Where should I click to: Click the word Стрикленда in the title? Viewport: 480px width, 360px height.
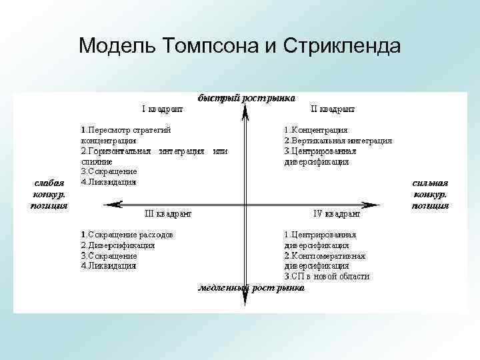(342, 46)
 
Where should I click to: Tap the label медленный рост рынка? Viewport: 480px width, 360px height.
(251, 289)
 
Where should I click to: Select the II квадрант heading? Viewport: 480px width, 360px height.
(333, 109)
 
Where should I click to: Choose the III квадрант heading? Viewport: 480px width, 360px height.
(169, 214)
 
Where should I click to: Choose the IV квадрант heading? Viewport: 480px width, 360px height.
(337, 214)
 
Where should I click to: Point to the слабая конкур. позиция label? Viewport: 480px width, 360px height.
(49, 193)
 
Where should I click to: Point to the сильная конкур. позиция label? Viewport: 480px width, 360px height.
(430, 193)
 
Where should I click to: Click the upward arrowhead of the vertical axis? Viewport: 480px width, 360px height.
(245, 114)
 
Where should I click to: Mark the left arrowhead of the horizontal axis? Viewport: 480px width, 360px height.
(121, 203)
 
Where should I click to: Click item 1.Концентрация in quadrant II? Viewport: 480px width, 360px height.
(315, 131)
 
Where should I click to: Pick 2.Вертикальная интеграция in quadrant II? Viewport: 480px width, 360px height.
(337, 141)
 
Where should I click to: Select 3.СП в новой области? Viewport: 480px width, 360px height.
(327, 276)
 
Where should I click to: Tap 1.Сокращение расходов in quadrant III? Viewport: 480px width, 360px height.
(127, 235)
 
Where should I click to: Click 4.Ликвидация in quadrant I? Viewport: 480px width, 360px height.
(109, 181)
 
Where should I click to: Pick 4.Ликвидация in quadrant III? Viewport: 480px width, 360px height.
(109, 265)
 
